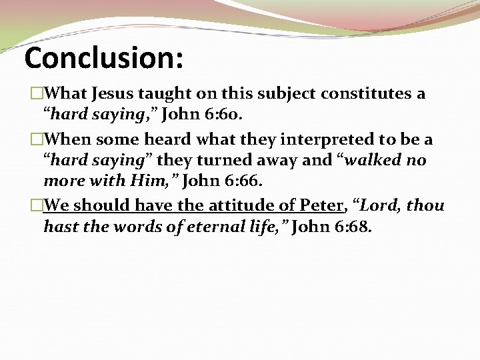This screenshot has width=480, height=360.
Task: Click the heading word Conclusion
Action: [103, 59]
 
